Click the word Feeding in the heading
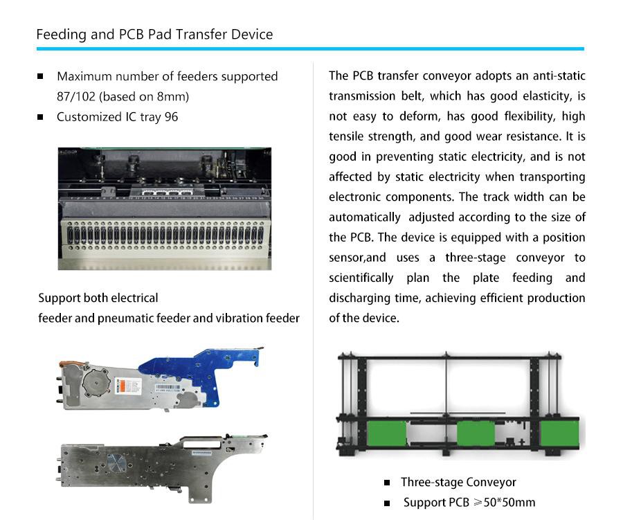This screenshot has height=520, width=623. [61, 35]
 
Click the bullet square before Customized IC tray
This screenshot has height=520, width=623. [40, 117]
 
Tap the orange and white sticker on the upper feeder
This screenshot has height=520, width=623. [128, 386]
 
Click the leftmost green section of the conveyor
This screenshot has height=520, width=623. [387, 433]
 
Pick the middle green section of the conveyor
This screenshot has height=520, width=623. [476, 433]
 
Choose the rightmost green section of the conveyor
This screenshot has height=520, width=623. [560, 433]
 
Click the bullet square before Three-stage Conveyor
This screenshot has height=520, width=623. [387, 483]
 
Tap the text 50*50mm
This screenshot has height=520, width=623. [509, 503]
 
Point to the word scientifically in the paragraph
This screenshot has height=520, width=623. [361, 278]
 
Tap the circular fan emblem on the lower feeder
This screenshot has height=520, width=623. [115, 463]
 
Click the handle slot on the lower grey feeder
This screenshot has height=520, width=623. [201, 440]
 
